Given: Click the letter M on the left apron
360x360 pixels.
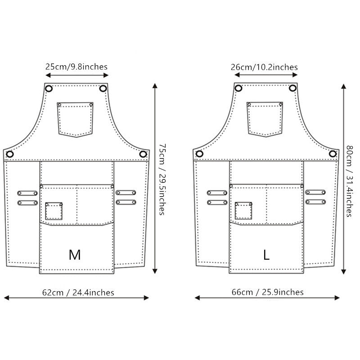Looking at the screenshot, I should coord(75,255).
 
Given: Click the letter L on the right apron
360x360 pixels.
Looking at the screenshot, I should coord(266,255).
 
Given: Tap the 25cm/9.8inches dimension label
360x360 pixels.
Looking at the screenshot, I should coord(76,67).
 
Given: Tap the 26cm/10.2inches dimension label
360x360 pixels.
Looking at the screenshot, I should coord(264,67).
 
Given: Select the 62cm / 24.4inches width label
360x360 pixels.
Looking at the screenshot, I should coord(78,292).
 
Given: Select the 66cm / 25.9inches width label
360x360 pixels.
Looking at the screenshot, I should coord(267,292).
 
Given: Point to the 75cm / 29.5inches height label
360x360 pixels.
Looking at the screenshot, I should coord(162,179).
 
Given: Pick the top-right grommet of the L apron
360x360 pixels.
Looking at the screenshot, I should coord(292,88).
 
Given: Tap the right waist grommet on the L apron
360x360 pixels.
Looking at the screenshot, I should coord(333,154).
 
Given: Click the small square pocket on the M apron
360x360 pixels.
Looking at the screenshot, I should coord(54,211).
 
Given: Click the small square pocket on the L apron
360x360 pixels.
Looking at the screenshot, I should coord(243,211).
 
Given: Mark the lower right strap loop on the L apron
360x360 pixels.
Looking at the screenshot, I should coord(315,202).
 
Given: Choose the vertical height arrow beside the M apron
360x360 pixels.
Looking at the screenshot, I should coord(155,179).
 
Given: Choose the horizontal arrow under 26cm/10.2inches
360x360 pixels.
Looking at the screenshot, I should coord(264,76).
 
